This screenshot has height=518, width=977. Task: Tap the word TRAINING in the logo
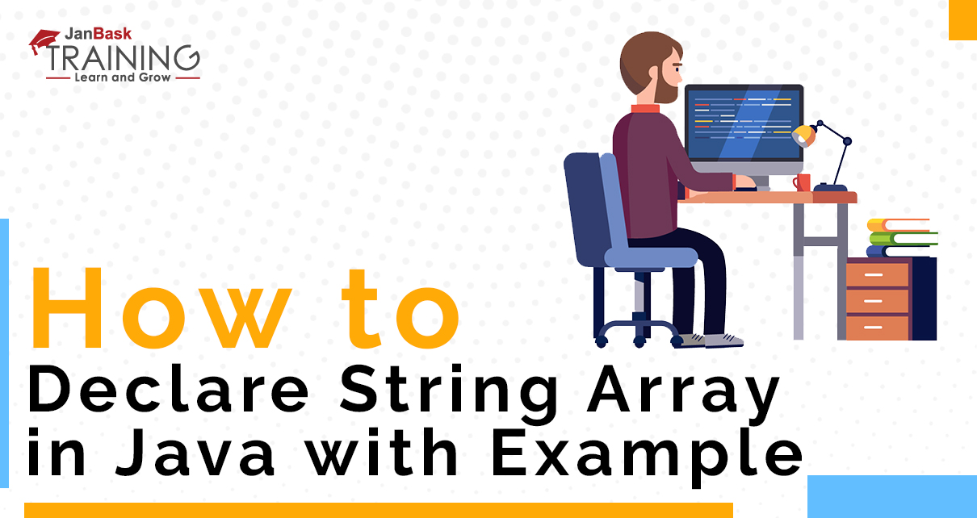pos(123,58)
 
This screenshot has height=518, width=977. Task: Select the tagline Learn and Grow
pos(123,77)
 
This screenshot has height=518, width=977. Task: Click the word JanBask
pos(99,34)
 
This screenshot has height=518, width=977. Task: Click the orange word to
pos(400,309)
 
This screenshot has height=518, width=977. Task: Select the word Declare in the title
pos(169,389)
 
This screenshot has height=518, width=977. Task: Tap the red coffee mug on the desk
pos(802,182)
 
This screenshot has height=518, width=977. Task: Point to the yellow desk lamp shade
pos(803,136)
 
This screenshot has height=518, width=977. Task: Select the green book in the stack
pos(904,239)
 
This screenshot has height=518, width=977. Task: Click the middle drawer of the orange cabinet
pos(877,301)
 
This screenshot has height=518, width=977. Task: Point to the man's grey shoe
pos(723,340)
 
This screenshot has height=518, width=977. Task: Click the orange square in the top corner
pos(963,19)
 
